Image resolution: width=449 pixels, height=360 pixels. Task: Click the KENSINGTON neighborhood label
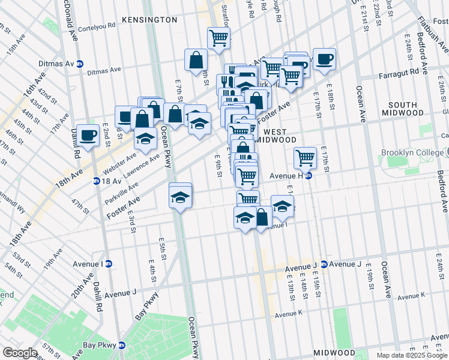tap(149, 20)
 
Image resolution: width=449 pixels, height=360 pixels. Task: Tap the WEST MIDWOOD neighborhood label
tap(280, 136)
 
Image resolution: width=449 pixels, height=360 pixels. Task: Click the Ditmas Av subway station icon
tap(80, 64)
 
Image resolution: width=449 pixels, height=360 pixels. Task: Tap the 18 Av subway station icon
tap(96, 181)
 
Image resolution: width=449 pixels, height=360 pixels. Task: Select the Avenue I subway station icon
tap(109, 263)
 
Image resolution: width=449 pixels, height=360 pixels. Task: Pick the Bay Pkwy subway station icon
tap(122, 345)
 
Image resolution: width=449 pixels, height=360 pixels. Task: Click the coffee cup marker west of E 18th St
tap(324, 59)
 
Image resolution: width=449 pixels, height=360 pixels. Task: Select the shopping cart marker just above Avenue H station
tap(305, 157)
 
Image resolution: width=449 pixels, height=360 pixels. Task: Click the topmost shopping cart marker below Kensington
tap(218, 38)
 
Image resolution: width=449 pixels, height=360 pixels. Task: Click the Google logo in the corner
tap(19, 353)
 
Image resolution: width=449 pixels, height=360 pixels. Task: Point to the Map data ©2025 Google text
tap(411, 355)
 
